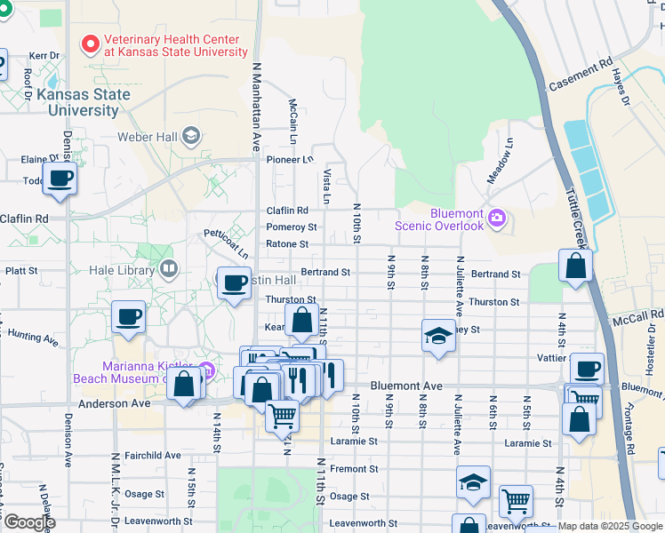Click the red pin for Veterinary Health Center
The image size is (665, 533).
coord(90,43)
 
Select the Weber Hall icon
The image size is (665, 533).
coord(191,136)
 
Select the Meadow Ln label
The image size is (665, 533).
coord(498,161)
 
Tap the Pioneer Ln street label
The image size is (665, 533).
coord(290,160)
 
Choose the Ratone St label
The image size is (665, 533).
coord(287,243)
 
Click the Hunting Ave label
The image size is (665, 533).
coord(31,338)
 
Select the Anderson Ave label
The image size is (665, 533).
coord(115,403)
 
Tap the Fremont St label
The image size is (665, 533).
coord(354,468)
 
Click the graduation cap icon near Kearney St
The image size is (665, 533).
coord(437,336)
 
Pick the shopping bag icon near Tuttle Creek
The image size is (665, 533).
coord(576,265)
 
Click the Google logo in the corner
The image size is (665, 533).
coord(29,523)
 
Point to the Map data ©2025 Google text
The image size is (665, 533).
coord(610,526)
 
